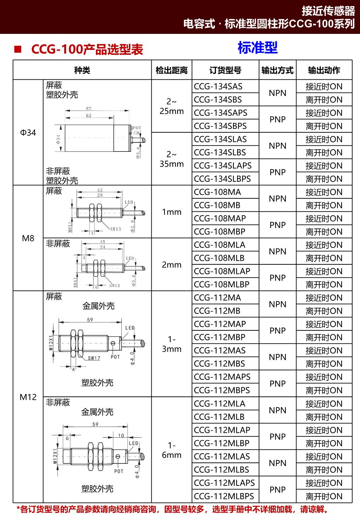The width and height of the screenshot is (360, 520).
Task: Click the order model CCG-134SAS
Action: (218, 86)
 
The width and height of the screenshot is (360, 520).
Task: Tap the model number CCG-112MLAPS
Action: (224, 483)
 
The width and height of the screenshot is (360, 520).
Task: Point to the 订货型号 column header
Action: (225, 70)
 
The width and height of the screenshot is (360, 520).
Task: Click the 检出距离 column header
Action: (172, 70)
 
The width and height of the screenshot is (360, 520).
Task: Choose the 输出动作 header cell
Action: (324, 70)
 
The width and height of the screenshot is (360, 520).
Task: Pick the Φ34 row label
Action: (28, 133)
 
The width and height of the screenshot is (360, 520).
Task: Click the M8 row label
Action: (28, 238)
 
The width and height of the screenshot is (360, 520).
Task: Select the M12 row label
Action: (28, 397)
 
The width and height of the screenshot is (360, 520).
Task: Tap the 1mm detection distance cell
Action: (172, 212)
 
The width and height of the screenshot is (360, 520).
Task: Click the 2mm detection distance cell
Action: (172, 265)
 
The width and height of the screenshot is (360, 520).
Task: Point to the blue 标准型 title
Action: (258, 48)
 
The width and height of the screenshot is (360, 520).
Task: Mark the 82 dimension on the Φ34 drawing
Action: (89, 108)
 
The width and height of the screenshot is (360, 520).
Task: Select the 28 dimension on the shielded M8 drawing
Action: (100, 195)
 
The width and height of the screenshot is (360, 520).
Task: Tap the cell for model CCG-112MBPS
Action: (222, 390)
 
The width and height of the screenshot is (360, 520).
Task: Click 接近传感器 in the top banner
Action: (328, 11)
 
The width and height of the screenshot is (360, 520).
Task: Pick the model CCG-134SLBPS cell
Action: (222, 179)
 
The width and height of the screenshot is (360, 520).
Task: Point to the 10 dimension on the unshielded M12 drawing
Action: (121, 435)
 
